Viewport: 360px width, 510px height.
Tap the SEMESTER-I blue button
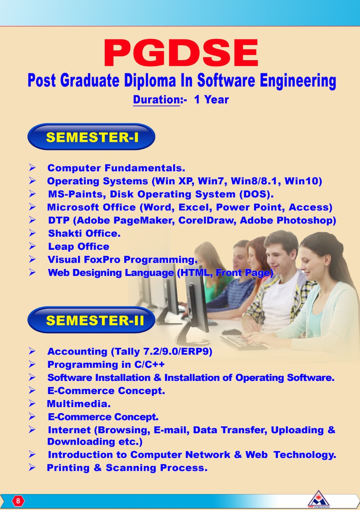tap(91, 137)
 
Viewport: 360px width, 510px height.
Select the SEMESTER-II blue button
tap(91, 320)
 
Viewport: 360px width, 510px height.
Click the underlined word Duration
tap(157, 100)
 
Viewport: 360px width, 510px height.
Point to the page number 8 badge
tap(18, 501)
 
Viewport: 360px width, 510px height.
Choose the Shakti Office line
tap(84, 233)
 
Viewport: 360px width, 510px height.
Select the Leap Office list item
tap(78, 247)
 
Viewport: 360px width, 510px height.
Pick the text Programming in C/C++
tap(106, 365)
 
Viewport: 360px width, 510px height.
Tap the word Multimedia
tap(78, 404)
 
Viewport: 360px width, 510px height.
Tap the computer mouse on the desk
tap(231, 331)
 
